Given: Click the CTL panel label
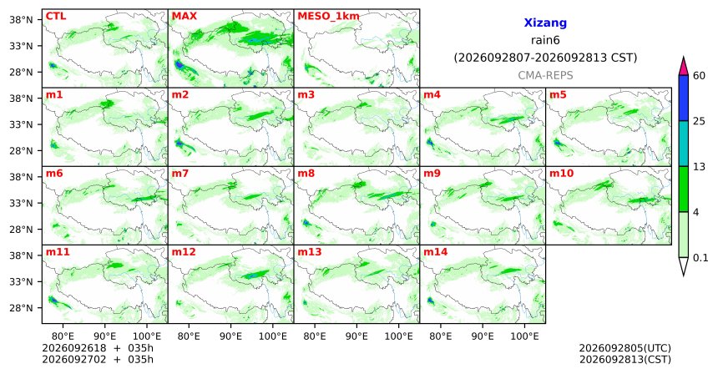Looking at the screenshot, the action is (x=56, y=16).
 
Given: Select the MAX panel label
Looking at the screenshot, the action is (x=184, y=16).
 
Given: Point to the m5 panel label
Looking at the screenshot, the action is (x=558, y=95).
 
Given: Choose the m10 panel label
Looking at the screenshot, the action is (x=561, y=174).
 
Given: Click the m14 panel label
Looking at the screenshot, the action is (x=436, y=252).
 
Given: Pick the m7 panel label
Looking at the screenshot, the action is (x=180, y=174).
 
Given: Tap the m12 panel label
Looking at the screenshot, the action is (x=184, y=252).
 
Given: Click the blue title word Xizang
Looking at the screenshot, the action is (x=545, y=23).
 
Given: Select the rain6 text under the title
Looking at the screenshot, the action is (x=545, y=40).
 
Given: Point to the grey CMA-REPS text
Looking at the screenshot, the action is (x=545, y=75).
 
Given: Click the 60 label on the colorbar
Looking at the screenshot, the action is (x=700, y=75).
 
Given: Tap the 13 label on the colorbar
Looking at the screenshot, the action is (x=699, y=167).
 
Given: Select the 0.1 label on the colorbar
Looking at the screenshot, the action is (x=700, y=258).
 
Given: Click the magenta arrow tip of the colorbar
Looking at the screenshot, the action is (x=684, y=58).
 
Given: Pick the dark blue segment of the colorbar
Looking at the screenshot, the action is (x=684, y=98).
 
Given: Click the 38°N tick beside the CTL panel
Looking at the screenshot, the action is (x=21, y=20).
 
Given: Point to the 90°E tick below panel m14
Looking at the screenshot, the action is (x=483, y=336).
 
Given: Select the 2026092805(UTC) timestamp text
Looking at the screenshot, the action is (x=625, y=349).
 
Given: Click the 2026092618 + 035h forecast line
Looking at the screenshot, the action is (x=98, y=348).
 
